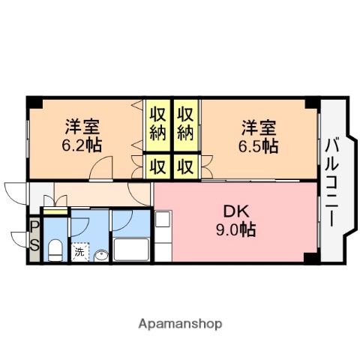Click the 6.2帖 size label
(82, 144)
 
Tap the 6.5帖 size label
(260, 144)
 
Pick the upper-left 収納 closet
(157, 123)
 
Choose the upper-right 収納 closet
(186, 123)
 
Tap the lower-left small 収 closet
(157, 165)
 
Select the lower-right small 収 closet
(186, 165)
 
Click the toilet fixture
(55, 249)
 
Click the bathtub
(132, 250)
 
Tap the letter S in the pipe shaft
(34, 245)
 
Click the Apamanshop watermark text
(180, 325)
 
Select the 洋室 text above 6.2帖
(81, 126)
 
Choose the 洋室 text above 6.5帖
(259, 126)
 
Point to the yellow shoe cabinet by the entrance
(55, 212)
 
